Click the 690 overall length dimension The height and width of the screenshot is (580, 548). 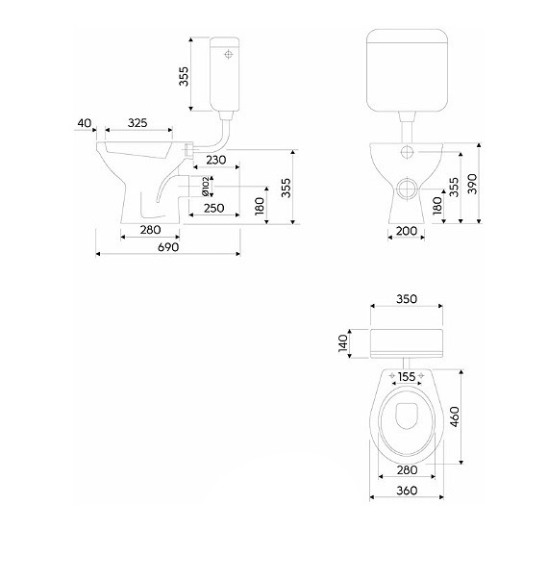[x=168, y=247]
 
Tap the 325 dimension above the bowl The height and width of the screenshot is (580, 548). [x=137, y=123]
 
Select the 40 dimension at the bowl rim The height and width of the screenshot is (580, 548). [x=85, y=123]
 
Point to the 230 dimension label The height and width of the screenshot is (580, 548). [x=216, y=160]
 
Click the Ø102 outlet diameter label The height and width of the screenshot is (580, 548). [x=206, y=186]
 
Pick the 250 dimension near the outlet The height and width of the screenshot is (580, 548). [x=214, y=208]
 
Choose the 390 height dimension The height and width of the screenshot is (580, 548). [x=473, y=184]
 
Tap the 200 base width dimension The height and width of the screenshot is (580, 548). [x=407, y=231]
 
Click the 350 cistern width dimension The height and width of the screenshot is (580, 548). [x=407, y=299]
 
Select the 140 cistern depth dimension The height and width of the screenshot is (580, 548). [x=343, y=343]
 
